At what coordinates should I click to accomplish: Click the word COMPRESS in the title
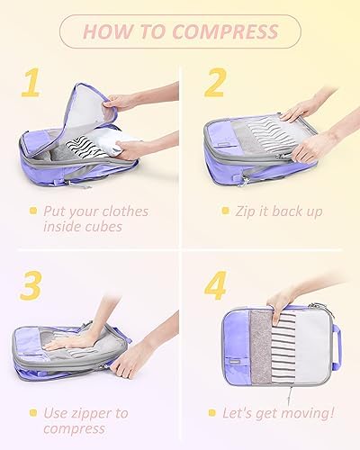[x=226, y=31]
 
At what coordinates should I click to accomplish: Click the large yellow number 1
[x=31, y=83]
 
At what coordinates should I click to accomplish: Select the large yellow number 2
[x=215, y=83]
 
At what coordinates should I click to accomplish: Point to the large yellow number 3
[x=31, y=285]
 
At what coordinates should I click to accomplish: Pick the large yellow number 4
[x=215, y=285]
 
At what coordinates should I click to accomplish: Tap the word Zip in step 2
[x=246, y=211]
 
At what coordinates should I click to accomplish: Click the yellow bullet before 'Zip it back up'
[x=225, y=211]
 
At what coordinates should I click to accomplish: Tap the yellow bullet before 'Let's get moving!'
[x=212, y=413]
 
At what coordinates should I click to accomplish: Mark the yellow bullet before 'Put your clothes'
[x=33, y=211]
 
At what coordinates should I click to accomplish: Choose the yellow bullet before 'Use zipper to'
[x=33, y=413]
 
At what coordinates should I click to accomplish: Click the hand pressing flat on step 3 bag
[x=70, y=340]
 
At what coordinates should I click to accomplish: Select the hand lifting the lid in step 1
[x=120, y=102]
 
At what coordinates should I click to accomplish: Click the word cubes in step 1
[x=103, y=227]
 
